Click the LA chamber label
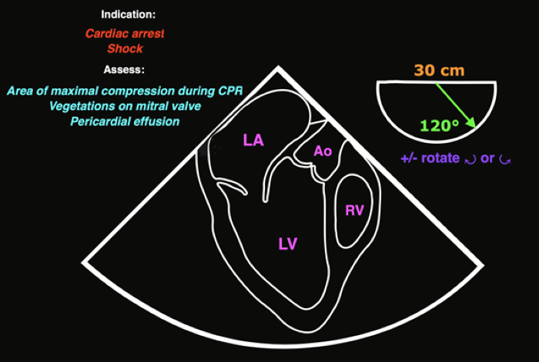point(253,140)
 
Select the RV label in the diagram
point(354,210)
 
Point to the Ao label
point(323,151)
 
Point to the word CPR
point(229,91)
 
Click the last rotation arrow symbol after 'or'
point(504,160)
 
